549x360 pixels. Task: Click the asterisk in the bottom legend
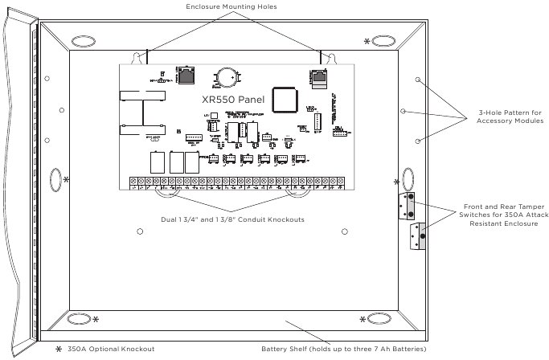point(58,349)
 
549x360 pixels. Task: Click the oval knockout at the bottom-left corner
point(80,319)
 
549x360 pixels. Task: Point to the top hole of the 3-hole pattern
point(418,80)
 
